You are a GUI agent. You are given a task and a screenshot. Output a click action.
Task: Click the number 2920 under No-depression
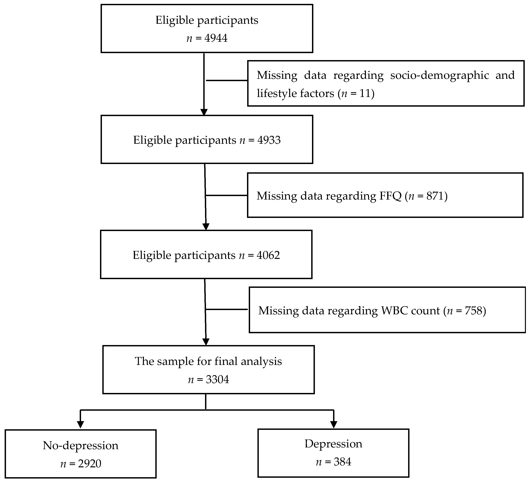coord(90,464)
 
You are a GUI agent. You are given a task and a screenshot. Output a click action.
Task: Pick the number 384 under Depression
coord(342,462)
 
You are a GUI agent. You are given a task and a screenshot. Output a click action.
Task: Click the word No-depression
coord(80,445)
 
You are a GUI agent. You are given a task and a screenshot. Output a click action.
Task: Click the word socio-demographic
coord(439,75)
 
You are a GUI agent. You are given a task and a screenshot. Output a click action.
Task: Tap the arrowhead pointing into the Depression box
coord(333,424)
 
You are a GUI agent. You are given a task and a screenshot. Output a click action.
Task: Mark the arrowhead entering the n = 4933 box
coord(204,112)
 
